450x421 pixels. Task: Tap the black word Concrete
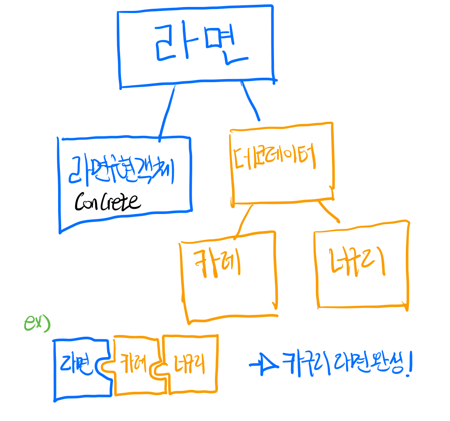(107, 202)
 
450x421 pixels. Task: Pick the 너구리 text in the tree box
(357, 262)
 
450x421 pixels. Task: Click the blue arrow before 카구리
(263, 364)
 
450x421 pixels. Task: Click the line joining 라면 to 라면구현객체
(167, 112)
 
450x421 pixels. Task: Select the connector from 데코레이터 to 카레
(244, 221)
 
